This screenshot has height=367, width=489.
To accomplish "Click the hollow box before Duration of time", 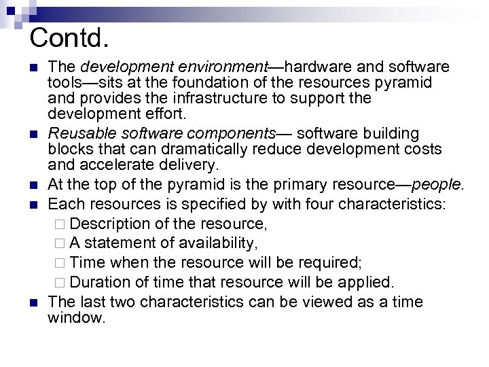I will pyautogui.click(x=61, y=282).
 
